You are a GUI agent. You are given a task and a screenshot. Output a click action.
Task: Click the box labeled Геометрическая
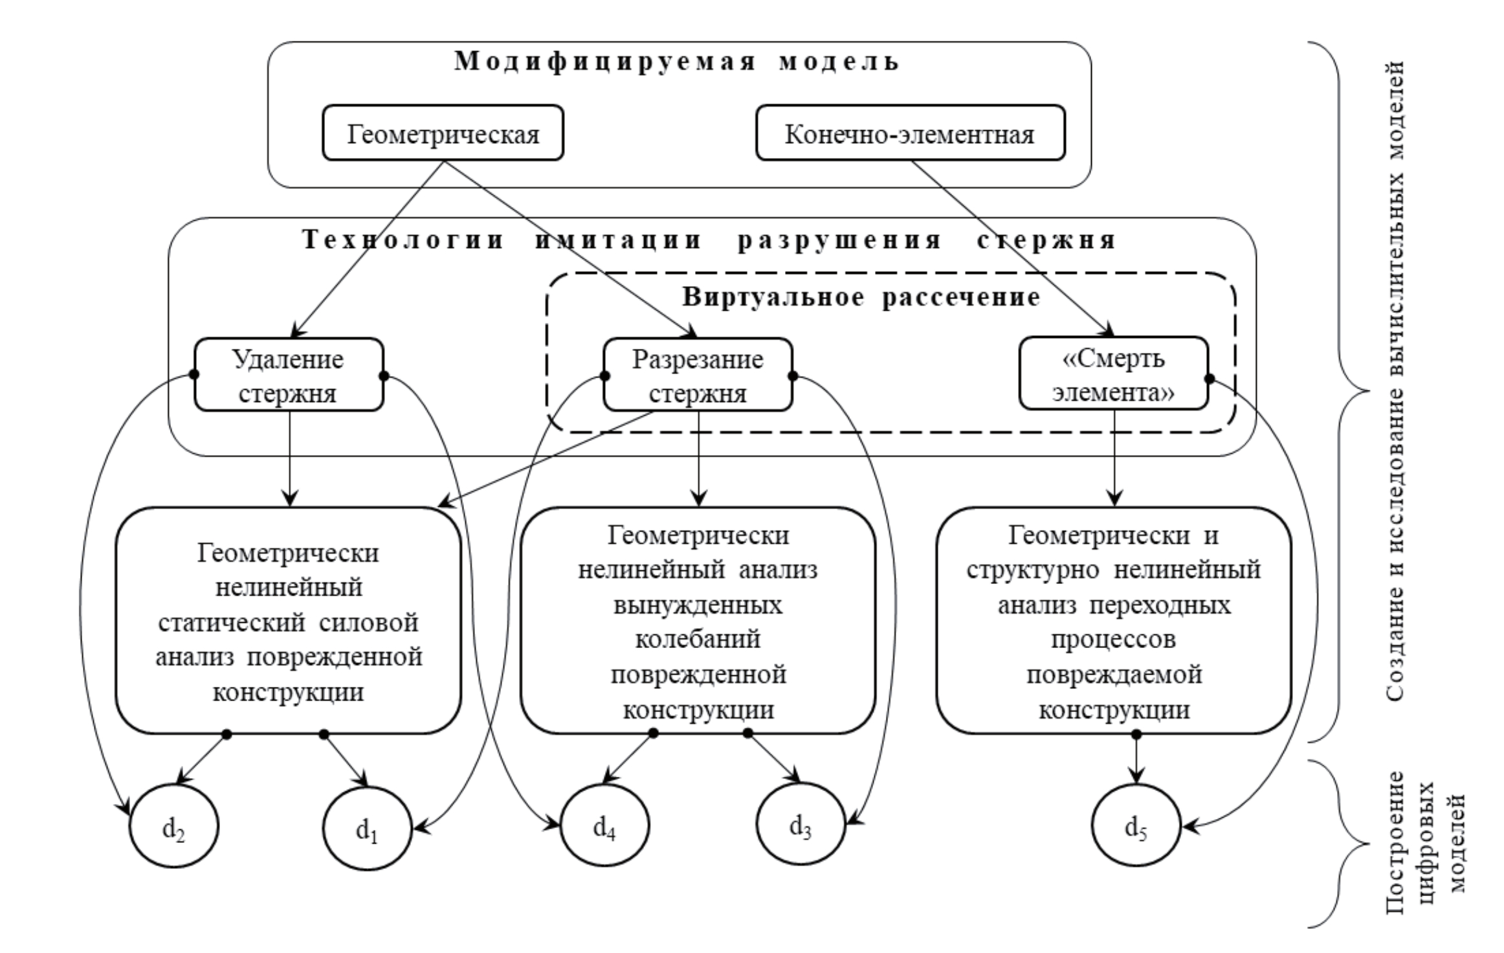coord(443,133)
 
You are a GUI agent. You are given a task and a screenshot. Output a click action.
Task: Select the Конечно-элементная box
coord(910,133)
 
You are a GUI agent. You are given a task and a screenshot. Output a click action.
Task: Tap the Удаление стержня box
coord(289,375)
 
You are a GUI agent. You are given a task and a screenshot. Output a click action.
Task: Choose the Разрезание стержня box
coord(698,375)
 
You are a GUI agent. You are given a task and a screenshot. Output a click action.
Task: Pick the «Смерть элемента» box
coord(1113,374)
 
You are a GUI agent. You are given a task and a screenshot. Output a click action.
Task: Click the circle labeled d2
coord(174,827)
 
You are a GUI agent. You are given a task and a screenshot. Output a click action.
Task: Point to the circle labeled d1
coord(367,828)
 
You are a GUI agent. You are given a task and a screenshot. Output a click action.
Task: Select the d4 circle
coord(604,827)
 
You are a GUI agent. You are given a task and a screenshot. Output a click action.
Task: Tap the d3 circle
coord(801,827)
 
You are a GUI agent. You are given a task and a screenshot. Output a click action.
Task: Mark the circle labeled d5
coord(1136,827)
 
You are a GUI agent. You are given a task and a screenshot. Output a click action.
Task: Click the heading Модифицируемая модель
coord(677,62)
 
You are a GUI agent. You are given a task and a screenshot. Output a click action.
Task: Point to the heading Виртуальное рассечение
coord(861,297)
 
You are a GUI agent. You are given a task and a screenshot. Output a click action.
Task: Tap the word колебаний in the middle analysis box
coord(698,640)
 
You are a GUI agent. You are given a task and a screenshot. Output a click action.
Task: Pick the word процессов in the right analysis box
coord(1113,640)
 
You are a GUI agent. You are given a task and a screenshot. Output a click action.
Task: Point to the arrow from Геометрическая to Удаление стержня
coord(369,246)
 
